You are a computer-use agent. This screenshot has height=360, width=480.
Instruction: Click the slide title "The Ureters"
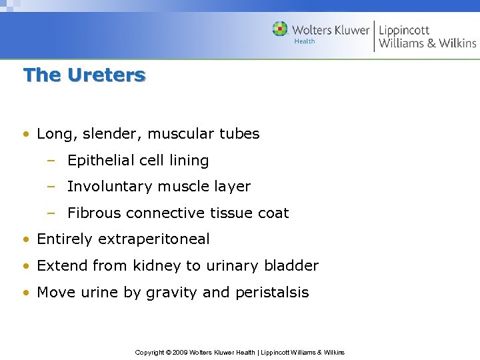coord(84,75)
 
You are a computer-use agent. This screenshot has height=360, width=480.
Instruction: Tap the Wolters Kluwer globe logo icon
coord(280,29)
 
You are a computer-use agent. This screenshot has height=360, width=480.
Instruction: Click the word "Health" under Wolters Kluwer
coord(304,41)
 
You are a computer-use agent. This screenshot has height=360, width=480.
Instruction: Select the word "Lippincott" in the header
coord(404,30)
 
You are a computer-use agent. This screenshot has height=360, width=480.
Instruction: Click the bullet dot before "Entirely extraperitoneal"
coord(25,239)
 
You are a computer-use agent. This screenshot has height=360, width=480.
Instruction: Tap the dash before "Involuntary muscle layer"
coord(51,187)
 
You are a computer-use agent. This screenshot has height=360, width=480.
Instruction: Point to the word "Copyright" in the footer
coord(150,352)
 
